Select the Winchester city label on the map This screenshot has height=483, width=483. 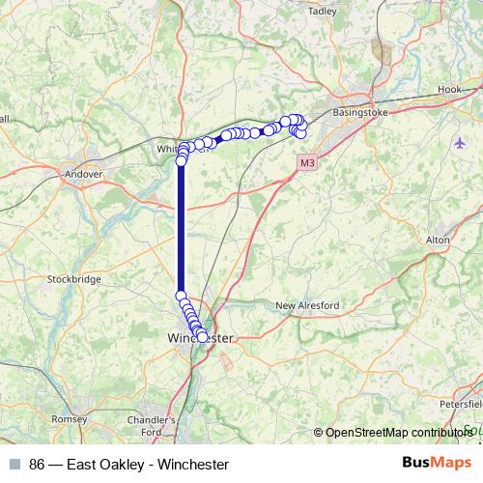[x=201, y=339]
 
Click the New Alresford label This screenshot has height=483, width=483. [x=307, y=306]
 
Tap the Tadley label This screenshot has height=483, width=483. [x=320, y=11]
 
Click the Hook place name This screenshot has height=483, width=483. [x=449, y=89]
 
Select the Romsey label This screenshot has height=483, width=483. [x=69, y=419]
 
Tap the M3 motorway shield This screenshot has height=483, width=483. [x=306, y=163]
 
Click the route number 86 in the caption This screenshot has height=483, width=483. [x=38, y=464]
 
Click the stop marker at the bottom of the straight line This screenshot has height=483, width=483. [x=181, y=296]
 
